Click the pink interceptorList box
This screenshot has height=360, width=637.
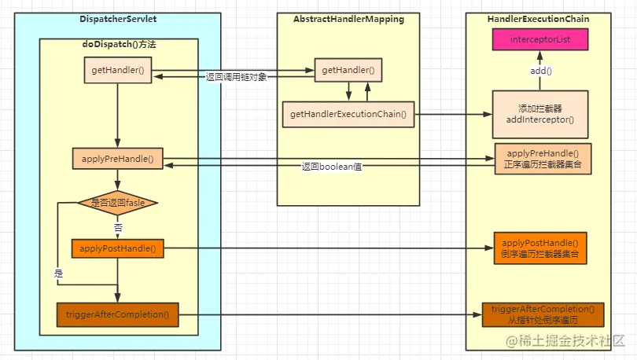[540, 39]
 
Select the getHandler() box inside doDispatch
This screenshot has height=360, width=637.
[118, 70]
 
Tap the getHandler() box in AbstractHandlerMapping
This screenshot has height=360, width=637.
[348, 70]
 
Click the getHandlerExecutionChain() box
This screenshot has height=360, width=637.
[348, 115]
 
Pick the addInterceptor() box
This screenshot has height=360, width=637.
[540, 115]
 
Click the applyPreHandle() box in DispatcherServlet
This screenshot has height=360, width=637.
[117, 159]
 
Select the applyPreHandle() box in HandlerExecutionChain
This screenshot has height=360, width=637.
[543, 159]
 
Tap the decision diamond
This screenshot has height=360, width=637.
[118, 203]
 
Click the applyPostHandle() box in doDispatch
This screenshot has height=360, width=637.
[117, 248]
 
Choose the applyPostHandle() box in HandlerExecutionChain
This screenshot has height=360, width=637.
[540, 248]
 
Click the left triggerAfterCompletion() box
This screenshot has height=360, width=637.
[117, 314]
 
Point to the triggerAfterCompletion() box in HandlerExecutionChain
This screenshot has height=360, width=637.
[543, 314]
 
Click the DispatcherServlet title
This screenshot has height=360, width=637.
[118, 19]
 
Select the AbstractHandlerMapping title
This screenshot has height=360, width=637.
[348, 19]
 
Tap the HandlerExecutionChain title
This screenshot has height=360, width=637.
[538, 19]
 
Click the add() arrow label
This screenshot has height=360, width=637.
[541, 71]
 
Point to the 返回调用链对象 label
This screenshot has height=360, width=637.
[236, 77]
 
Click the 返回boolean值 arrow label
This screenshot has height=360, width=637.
[332, 167]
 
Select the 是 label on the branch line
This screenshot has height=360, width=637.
[58, 274]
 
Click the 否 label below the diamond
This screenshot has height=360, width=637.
[118, 227]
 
